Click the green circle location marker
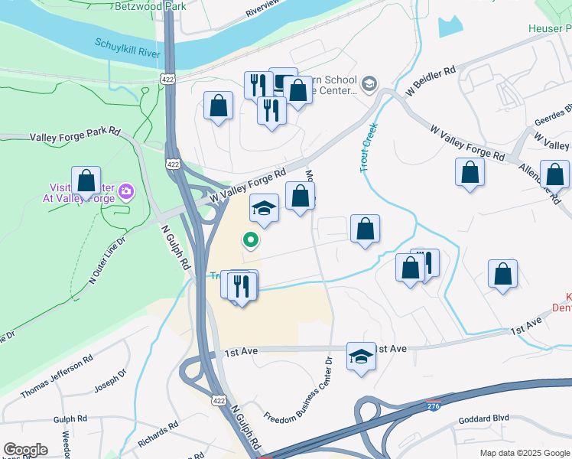pos(250,240)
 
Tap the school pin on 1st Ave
pos(361,356)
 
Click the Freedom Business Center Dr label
pos(298,393)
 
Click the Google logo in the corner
pos(25,450)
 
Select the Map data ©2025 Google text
pos(524,453)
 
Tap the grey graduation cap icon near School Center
pos(369,83)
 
